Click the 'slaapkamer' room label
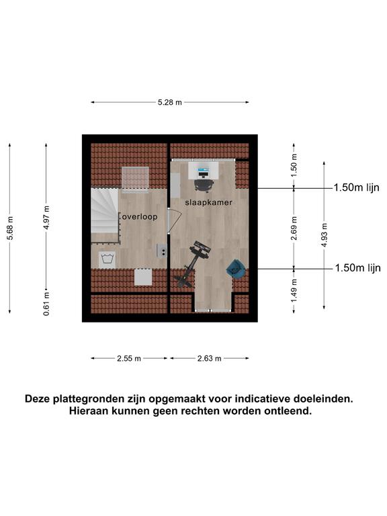209,202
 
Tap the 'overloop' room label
140,216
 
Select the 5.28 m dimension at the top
170,102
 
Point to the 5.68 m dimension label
10,228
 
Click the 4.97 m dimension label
46,218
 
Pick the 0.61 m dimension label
46,304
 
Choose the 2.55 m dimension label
129,358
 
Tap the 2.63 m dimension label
210,358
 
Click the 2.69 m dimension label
294,228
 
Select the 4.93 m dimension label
325,235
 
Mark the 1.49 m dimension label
294,291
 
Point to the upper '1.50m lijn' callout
356,187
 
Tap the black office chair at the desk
204,185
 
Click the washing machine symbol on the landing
107,259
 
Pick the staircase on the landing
105,215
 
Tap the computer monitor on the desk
204,171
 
